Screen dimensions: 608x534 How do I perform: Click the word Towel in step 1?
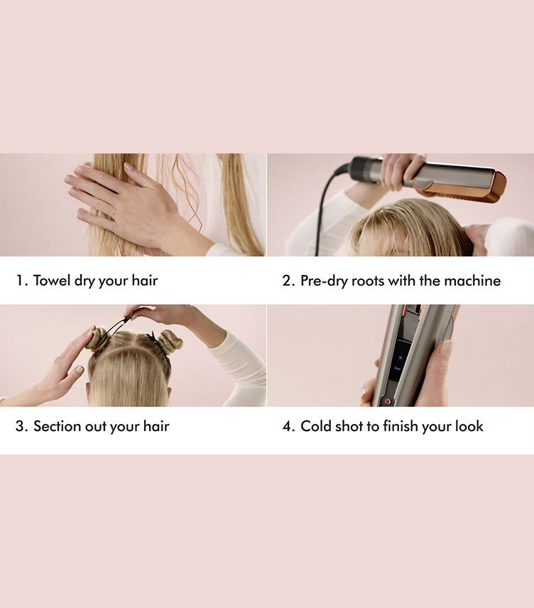click(x=51, y=281)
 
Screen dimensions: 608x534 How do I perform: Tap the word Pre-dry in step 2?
click(x=323, y=281)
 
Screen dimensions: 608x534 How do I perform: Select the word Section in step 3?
click(x=58, y=426)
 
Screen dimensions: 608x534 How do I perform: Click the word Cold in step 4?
click(x=316, y=426)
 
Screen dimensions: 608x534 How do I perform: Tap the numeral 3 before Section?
click(x=21, y=426)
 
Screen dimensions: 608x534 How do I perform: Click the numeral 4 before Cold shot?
click(x=288, y=426)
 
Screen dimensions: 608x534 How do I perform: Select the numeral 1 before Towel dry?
click(x=21, y=281)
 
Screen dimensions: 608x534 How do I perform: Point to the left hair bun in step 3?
click(x=97, y=340)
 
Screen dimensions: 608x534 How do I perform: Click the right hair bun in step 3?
click(x=170, y=342)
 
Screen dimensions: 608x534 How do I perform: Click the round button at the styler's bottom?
click(x=387, y=401)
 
